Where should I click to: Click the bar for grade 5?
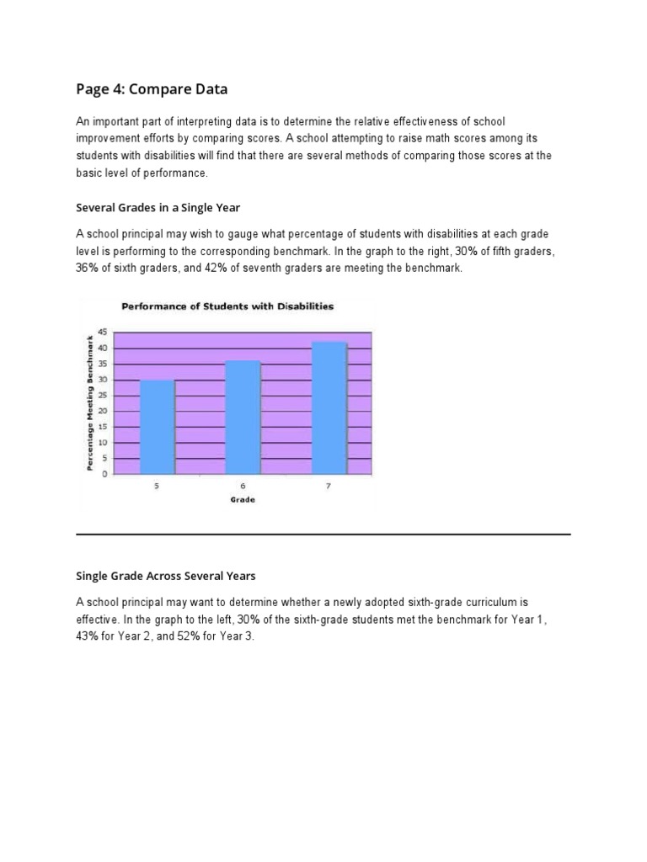[158, 427]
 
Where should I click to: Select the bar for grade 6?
[243, 418]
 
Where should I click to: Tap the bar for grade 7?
[329, 407]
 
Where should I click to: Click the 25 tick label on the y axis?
[104, 396]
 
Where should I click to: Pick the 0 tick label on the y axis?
[105, 474]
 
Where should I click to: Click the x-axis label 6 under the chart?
[243, 487]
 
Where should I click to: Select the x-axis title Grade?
[243, 500]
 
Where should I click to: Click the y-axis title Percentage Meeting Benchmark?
[89, 402]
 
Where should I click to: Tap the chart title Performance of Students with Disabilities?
[227, 306]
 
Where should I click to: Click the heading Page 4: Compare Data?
[152, 88]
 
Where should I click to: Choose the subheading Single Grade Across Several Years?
[165, 577]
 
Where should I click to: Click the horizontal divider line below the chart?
[323, 534]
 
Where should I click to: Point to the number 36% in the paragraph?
[88, 268]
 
